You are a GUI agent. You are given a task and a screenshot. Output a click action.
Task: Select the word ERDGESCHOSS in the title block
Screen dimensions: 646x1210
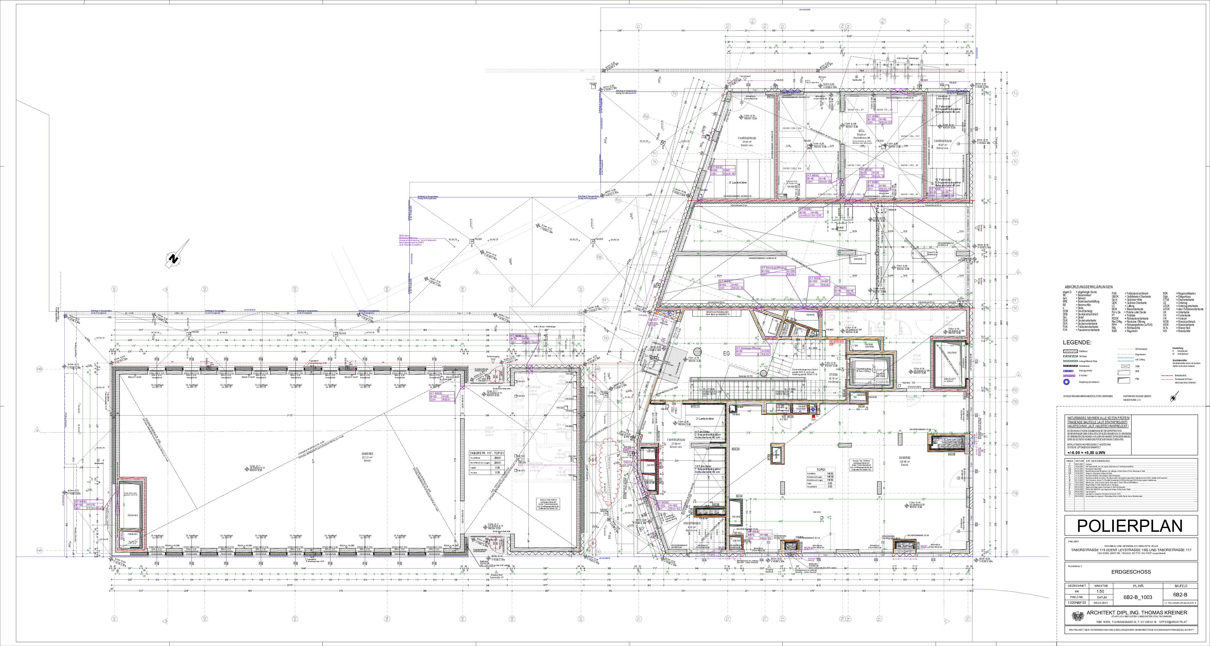pyautogui.click(x=1130, y=572)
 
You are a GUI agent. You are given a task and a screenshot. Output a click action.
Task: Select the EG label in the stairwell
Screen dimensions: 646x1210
pyautogui.click(x=726, y=352)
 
